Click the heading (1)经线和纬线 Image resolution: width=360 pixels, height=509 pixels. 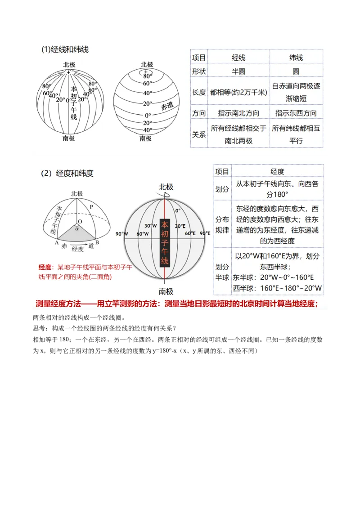(65, 49)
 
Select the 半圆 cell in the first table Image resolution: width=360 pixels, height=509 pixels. (238, 71)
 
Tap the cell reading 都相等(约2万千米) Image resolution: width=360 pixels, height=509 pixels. (238, 92)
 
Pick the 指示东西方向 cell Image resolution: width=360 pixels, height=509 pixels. (296, 113)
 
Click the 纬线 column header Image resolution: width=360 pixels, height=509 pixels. (296, 58)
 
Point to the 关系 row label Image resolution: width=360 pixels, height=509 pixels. (199, 134)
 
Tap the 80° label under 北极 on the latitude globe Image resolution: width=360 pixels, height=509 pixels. (147, 76)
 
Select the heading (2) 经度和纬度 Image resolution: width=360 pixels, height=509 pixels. (67, 173)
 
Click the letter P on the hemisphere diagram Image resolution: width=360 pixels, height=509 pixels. (91, 206)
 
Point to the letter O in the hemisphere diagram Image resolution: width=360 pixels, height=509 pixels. (80, 222)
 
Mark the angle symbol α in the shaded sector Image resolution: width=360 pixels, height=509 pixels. (77, 228)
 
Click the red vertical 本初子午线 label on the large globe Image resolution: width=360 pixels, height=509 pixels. (165, 243)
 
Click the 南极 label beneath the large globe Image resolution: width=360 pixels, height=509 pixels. (166, 291)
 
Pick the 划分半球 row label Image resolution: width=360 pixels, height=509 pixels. (222, 272)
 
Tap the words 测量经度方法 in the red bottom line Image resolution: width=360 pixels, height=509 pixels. (58, 304)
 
